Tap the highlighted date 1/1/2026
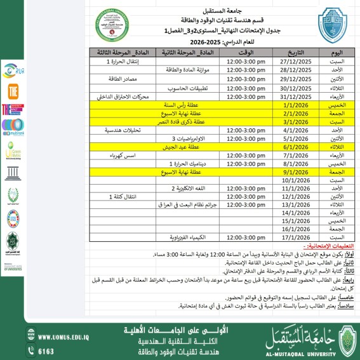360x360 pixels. click(x=295, y=105)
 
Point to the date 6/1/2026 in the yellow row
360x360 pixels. click(x=295, y=147)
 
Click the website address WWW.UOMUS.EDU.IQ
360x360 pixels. click(x=67, y=337)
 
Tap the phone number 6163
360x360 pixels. click(x=46, y=350)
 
